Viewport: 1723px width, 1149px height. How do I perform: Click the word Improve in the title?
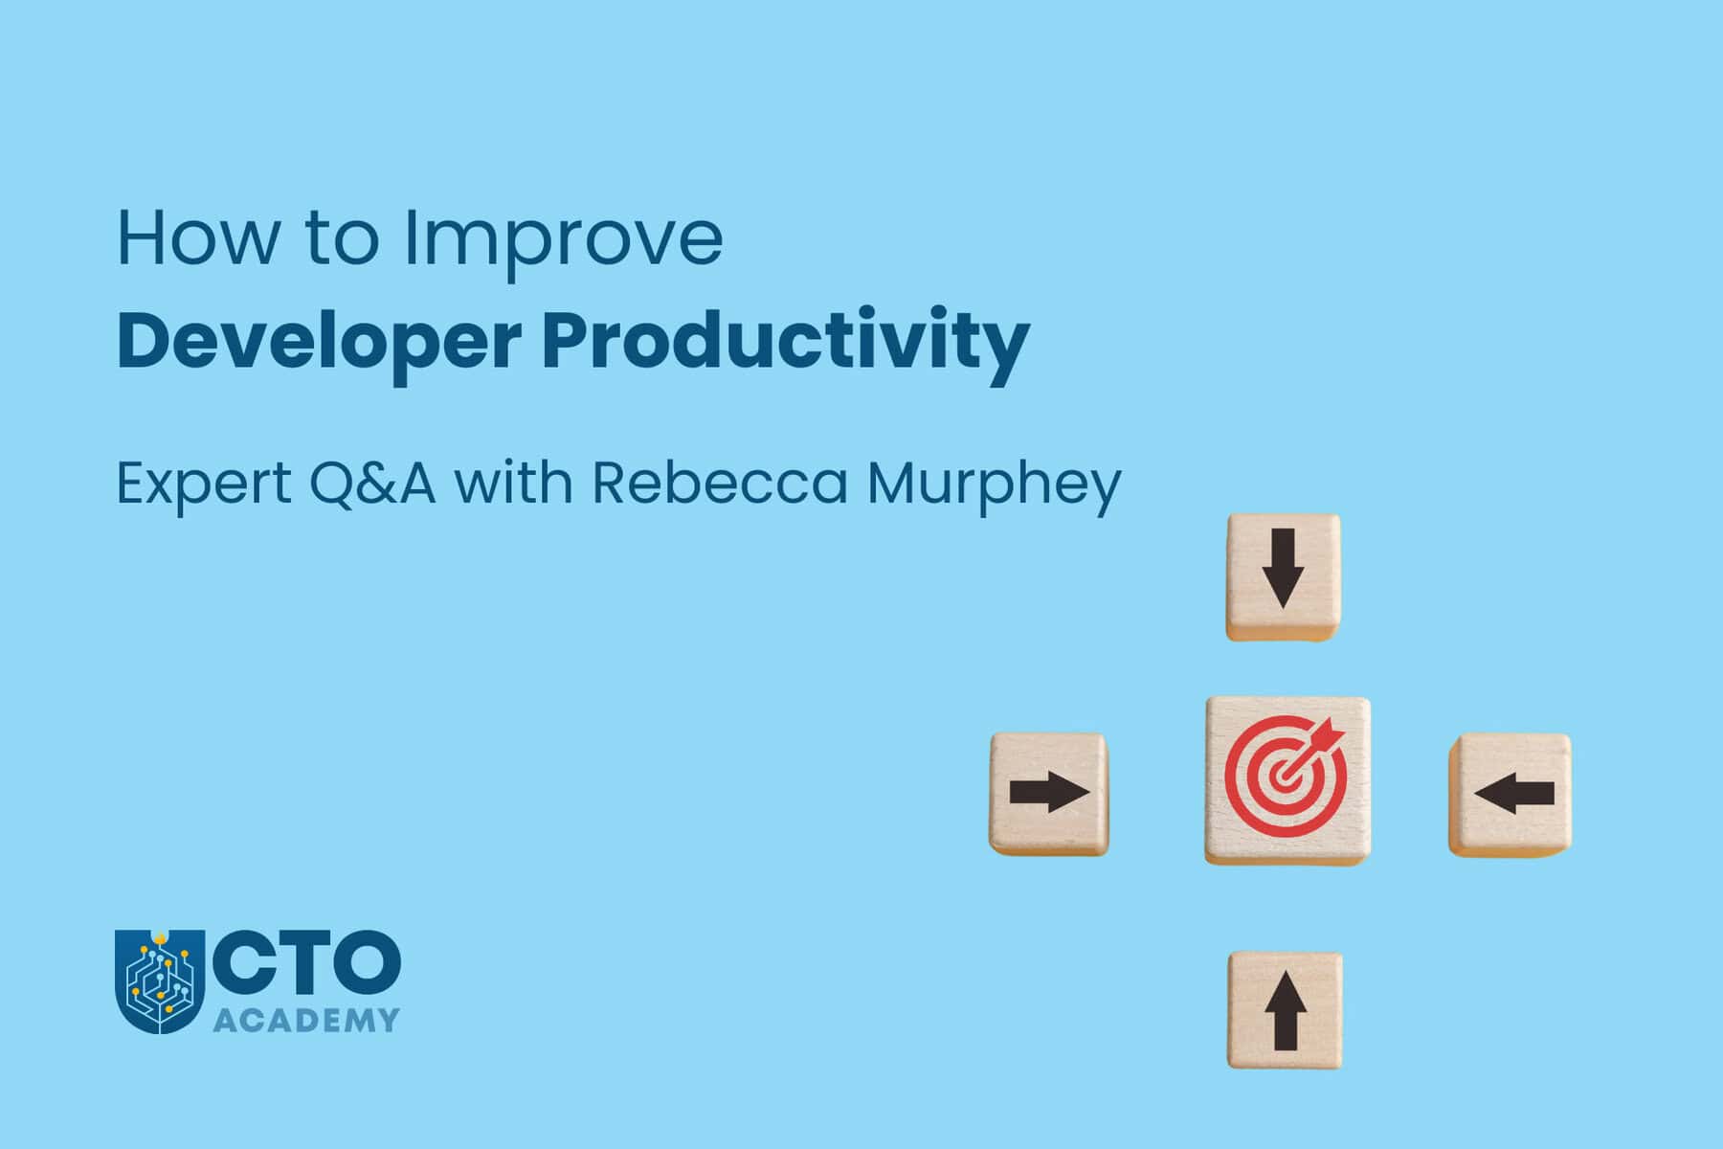pos(563,239)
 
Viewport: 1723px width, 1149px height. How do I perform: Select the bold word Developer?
pos(319,342)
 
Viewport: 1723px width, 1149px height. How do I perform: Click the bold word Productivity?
pos(785,342)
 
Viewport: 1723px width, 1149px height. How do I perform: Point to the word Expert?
pos(203,484)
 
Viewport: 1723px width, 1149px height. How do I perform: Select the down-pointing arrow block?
pos(1283,577)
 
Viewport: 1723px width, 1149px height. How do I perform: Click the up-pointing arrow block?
pos(1285,1009)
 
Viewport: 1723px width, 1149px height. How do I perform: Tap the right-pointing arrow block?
pos(1049,794)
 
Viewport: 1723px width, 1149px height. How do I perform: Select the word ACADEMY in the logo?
pos(305,1021)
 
